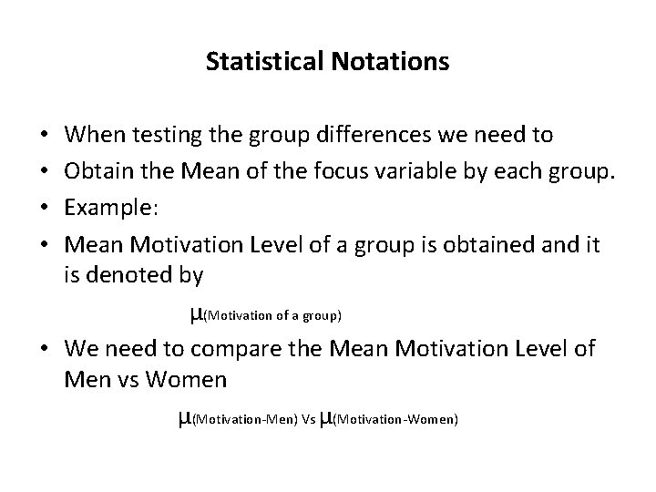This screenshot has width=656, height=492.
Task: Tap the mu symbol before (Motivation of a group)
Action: click(196, 314)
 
